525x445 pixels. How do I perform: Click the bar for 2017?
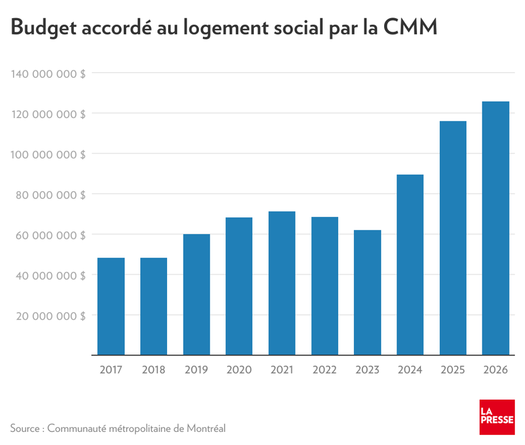click(x=111, y=307)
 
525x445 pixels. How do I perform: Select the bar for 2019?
click(x=197, y=295)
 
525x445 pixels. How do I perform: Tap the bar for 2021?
click(x=282, y=283)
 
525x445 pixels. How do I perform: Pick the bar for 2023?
click(x=367, y=292)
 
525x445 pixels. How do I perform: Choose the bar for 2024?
click(x=410, y=265)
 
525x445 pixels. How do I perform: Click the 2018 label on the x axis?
click(x=153, y=370)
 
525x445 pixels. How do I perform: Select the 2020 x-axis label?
click(x=239, y=370)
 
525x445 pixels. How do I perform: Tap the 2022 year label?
click(x=324, y=370)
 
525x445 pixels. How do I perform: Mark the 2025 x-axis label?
click(x=453, y=370)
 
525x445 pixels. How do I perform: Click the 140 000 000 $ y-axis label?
click(x=48, y=73)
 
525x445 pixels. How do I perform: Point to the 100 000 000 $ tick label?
click(x=48, y=154)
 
